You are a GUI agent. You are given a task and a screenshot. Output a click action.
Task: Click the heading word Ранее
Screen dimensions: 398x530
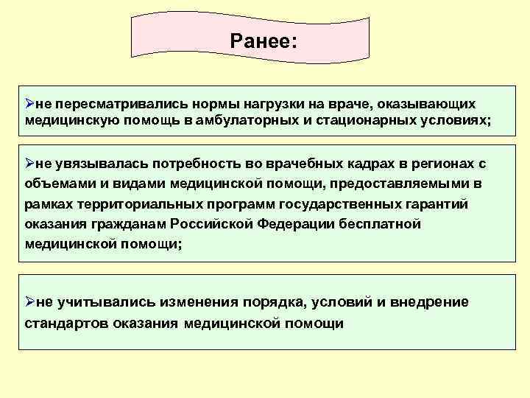coord(261,40)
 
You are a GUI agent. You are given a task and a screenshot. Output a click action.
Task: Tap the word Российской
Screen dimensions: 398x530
coord(213,224)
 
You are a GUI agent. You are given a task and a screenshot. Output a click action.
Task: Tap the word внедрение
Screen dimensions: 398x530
coord(428,302)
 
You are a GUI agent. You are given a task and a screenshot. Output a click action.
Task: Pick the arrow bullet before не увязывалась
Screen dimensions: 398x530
coord(30,163)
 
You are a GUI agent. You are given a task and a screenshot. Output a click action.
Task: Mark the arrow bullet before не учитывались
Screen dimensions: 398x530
coord(30,302)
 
